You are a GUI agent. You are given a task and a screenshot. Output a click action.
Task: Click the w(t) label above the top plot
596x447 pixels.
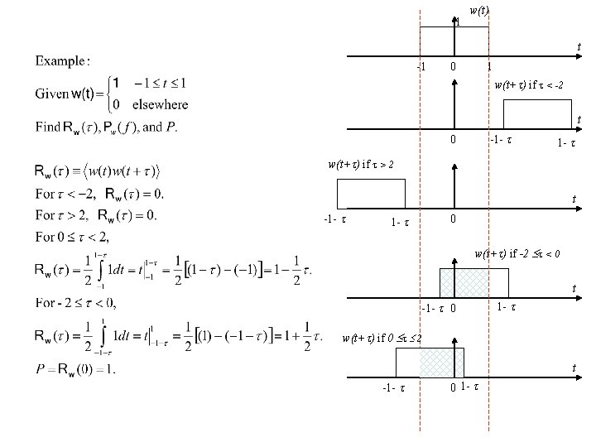point(478,11)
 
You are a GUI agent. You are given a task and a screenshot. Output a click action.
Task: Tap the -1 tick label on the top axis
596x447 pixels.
point(421,66)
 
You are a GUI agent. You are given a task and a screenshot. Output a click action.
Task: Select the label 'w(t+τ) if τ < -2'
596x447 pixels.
point(529,84)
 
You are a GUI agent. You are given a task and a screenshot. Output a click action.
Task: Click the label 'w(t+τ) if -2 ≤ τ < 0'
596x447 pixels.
point(518,253)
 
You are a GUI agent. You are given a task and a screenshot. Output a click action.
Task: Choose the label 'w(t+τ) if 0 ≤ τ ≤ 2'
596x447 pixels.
point(382,338)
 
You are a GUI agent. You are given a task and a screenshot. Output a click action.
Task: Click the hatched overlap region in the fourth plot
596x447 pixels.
point(464,282)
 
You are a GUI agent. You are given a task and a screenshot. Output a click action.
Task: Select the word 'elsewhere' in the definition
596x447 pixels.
point(161,104)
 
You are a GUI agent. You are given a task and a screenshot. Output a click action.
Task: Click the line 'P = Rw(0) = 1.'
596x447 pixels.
point(75,368)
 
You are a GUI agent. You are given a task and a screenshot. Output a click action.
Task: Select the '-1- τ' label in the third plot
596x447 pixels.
point(334,220)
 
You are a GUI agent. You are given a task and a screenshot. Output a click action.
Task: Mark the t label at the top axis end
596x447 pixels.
point(578,47)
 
